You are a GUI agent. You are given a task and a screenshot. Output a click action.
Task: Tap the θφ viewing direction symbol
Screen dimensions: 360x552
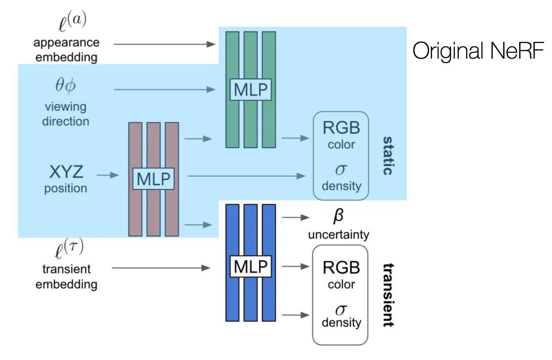click(x=66, y=87)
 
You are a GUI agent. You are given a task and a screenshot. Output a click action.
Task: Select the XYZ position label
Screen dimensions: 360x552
click(x=66, y=173)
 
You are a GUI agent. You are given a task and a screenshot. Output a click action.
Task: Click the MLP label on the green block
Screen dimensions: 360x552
click(x=251, y=90)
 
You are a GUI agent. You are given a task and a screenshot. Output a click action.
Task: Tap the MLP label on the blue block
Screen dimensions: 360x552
click(x=251, y=266)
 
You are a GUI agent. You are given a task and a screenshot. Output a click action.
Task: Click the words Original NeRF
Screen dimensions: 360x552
click(x=478, y=51)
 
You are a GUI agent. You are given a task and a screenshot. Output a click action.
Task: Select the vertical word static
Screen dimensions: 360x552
click(x=387, y=156)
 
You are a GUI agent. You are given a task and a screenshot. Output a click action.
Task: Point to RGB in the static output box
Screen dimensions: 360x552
click(x=341, y=126)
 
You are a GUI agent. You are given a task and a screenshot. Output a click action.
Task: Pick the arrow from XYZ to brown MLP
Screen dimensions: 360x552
click(x=108, y=175)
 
